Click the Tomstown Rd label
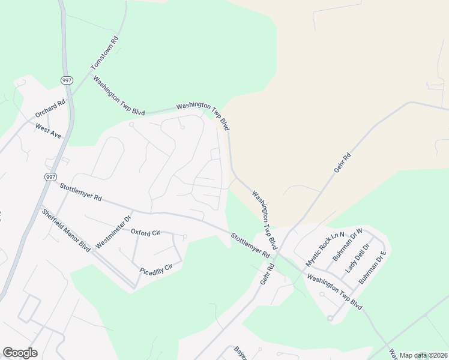(x=105, y=53)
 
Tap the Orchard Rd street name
(x=49, y=108)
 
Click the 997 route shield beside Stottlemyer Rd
(x=50, y=177)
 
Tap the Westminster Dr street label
(x=113, y=232)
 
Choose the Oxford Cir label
(x=146, y=232)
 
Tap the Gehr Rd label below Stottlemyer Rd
(x=267, y=273)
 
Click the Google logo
(x=20, y=353)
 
